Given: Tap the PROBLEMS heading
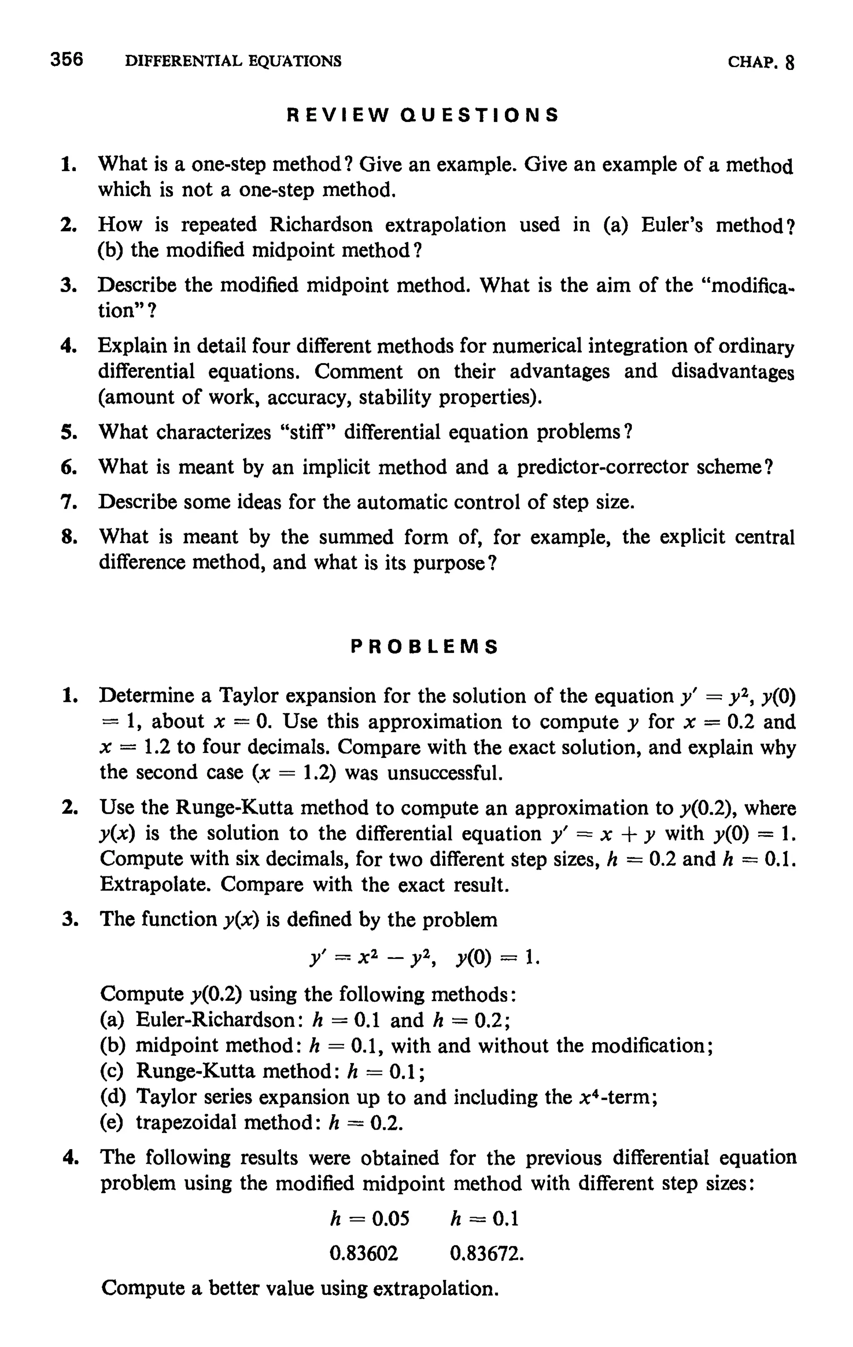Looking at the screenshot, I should (424, 647).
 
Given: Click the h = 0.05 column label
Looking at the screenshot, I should (370, 1218).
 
